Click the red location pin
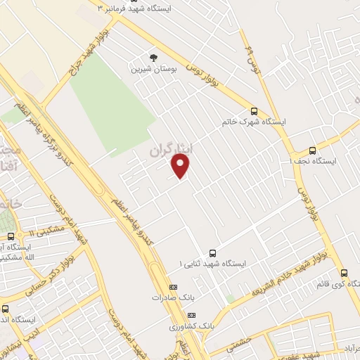[181, 165]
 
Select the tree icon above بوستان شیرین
[153, 58]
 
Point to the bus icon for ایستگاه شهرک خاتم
[254, 111]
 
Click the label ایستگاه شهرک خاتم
[255, 122]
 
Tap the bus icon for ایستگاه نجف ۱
[313, 150]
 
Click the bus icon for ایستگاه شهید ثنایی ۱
[213, 253]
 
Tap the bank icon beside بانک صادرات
[174, 287]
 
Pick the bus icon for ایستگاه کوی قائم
[344, 273]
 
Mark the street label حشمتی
[240, 343]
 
